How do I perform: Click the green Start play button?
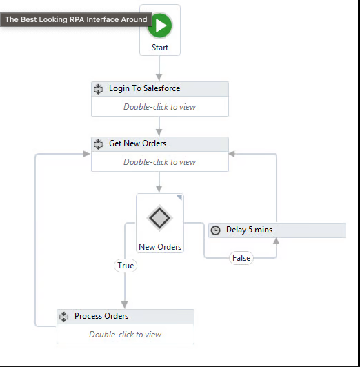click(x=160, y=26)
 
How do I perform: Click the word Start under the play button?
click(x=160, y=48)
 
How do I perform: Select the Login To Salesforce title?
click(x=145, y=88)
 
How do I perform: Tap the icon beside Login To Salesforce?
click(x=98, y=89)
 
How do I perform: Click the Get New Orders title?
click(x=137, y=143)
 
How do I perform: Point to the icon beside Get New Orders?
click(x=98, y=144)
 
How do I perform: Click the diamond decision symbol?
click(x=160, y=218)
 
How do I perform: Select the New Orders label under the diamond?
click(x=160, y=247)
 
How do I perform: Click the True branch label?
click(x=126, y=266)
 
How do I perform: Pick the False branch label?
click(x=241, y=258)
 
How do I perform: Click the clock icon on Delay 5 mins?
click(x=215, y=230)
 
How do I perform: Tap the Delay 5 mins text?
click(x=249, y=230)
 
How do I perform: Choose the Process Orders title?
click(x=101, y=316)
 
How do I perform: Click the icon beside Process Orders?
click(x=63, y=317)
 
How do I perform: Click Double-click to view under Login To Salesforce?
click(x=159, y=107)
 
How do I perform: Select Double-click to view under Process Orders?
click(x=125, y=334)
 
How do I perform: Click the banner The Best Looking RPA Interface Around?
click(x=76, y=19)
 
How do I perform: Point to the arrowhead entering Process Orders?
click(x=125, y=305)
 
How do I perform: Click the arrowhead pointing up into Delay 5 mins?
click(x=277, y=241)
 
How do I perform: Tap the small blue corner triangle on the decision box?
click(x=179, y=197)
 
